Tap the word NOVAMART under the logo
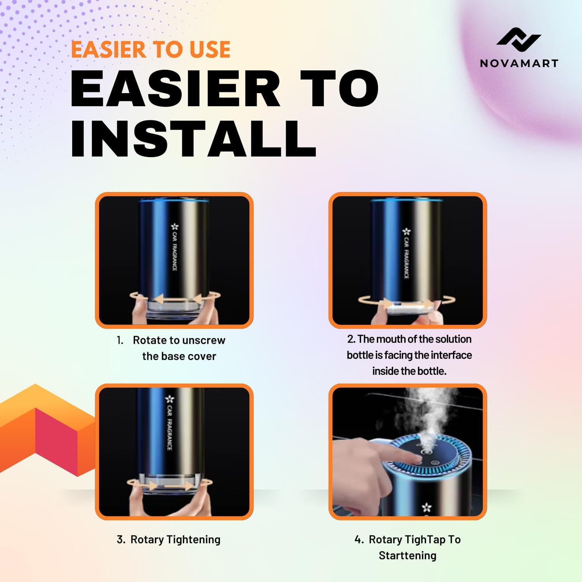pyautogui.click(x=519, y=63)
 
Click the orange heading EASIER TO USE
pyautogui.click(x=151, y=50)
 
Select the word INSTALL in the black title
pyautogui.click(x=193, y=139)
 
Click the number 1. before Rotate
pyautogui.click(x=120, y=340)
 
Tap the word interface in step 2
pyautogui.click(x=451, y=355)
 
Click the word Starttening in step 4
pyautogui.click(x=407, y=556)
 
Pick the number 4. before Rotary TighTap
pyautogui.click(x=359, y=540)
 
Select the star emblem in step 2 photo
pyautogui.click(x=406, y=232)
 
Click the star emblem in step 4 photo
pyautogui.click(x=427, y=507)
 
